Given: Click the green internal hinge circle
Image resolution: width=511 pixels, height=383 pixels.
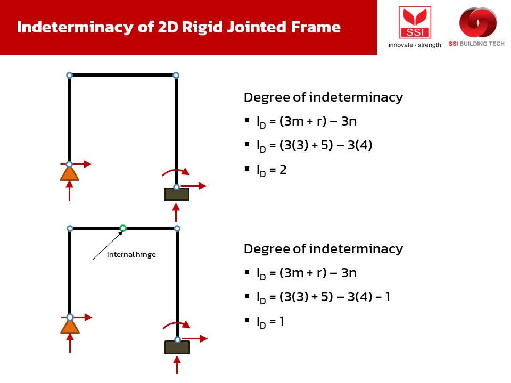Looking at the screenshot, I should [x=123, y=228].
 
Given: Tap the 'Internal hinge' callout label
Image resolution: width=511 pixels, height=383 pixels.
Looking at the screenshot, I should [x=131, y=254].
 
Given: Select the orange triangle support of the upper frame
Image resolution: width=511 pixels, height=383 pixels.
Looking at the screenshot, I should [x=69, y=174].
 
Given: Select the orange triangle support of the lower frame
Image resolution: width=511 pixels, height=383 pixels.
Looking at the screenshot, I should [x=69, y=326].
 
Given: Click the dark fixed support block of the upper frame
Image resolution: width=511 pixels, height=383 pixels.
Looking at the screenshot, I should [x=176, y=194].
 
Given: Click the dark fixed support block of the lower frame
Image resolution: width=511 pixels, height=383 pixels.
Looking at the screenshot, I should [x=177, y=347].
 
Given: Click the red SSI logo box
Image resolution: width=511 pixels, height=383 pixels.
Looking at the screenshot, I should [x=415, y=22].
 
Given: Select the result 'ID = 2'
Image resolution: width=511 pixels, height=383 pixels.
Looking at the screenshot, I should [x=271, y=170].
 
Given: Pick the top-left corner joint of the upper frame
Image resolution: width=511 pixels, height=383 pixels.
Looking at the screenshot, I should [x=69, y=76].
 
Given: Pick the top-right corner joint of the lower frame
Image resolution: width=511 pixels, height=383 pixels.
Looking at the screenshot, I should [x=177, y=229].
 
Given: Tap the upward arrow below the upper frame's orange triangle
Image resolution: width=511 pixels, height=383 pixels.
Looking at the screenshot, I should [x=69, y=191].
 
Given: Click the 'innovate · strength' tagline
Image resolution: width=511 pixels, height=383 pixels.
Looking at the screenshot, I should [x=415, y=45].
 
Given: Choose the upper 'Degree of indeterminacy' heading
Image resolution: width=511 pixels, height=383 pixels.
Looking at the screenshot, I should [x=323, y=97].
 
